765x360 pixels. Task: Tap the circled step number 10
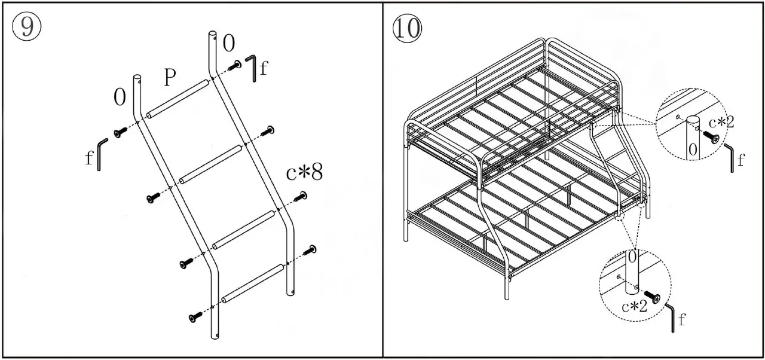coord(406,28)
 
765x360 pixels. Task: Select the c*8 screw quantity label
coord(304,173)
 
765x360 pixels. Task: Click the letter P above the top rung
coord(170,78)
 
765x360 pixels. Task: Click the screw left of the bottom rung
coord(195,318)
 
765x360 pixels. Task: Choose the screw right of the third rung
coord(311,250)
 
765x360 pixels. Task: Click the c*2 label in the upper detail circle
coord(721,123)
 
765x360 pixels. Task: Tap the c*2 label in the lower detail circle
coord(634,307)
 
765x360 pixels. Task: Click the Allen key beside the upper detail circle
coord(730,157)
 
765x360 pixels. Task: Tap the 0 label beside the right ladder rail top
coord(229,43)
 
